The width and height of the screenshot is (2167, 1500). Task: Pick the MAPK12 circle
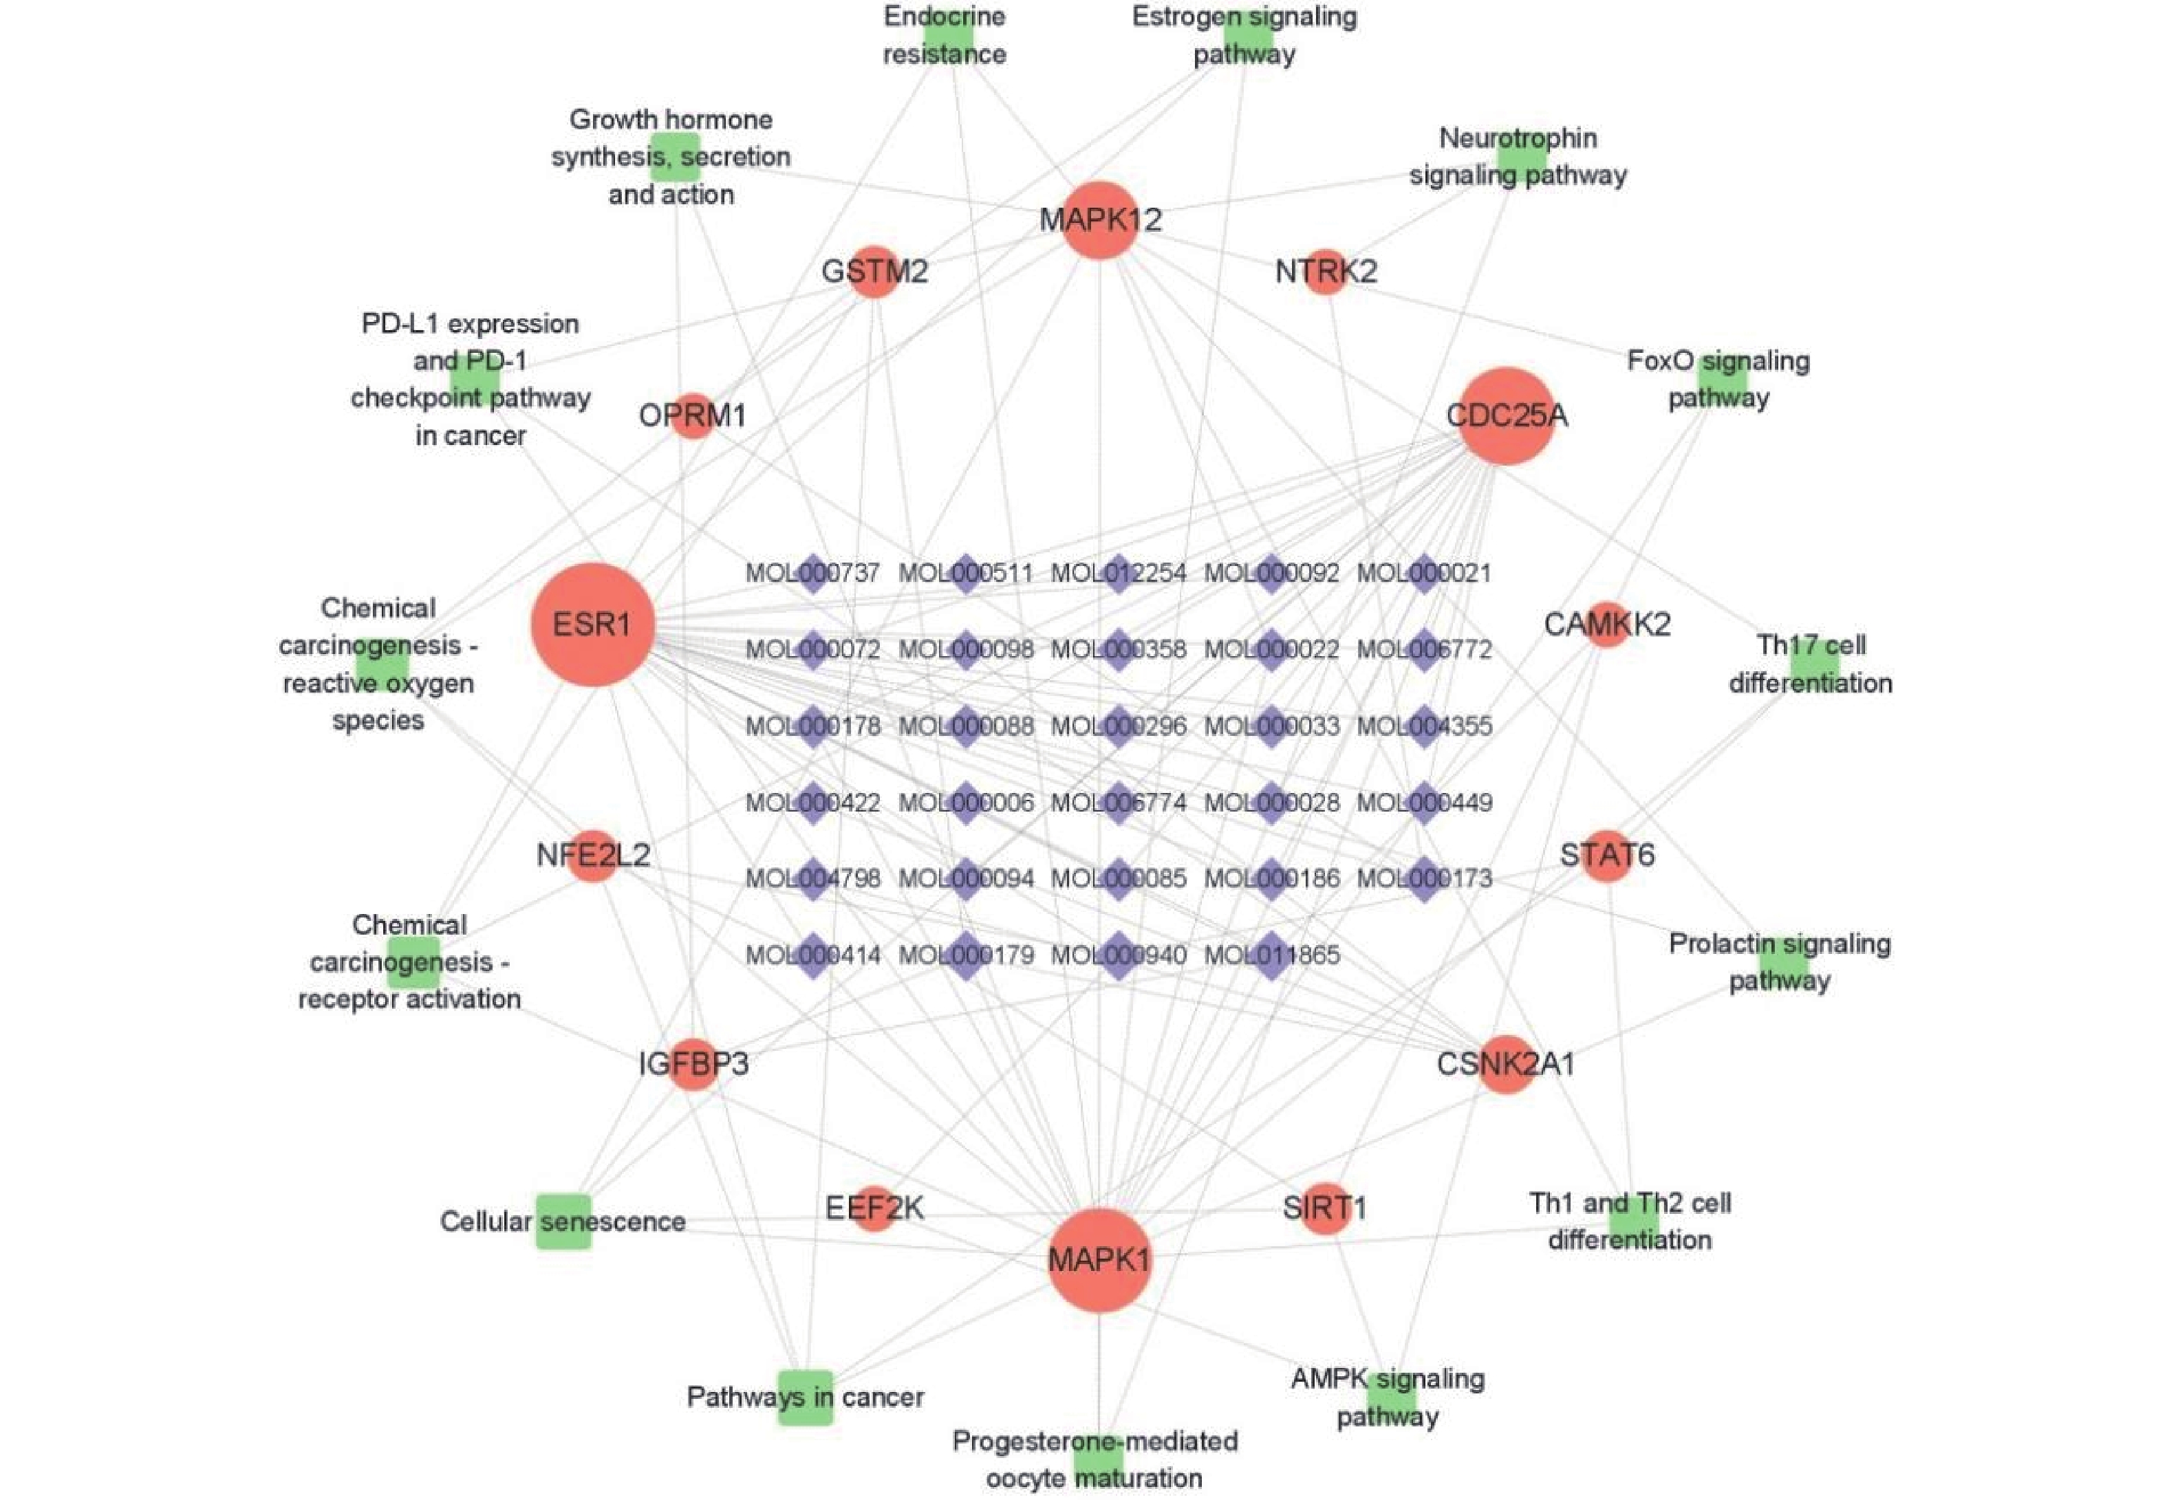tap(1100, 220)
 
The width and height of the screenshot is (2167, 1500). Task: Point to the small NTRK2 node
tap(1326, 272)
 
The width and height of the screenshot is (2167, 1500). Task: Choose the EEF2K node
tap(874, 1208)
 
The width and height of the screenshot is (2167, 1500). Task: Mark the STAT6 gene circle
tap(1607, 856)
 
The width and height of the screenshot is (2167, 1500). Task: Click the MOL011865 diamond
tap(1271, 956)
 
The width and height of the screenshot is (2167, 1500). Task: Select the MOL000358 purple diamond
tap(1118, 649)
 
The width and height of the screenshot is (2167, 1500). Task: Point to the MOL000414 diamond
tap(813, 956)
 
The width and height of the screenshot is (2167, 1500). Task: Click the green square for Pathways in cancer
tap(806, 1398)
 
